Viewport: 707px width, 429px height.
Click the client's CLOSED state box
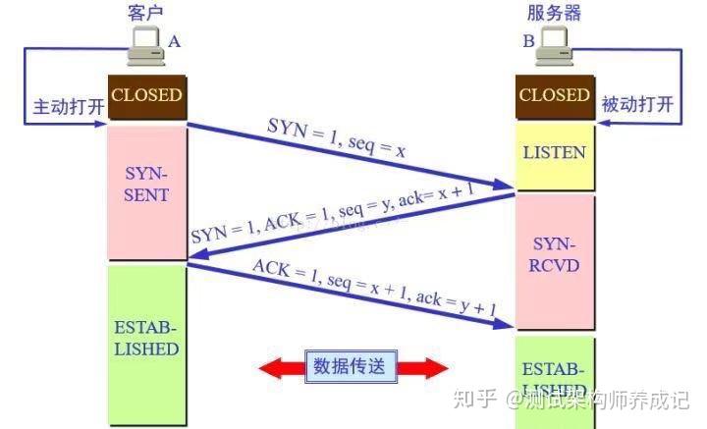pos(146,97)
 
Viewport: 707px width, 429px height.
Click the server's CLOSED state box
pos(555,97)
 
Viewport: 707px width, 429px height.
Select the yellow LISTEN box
pos(555,153)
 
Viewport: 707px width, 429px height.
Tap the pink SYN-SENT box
pos(146,184)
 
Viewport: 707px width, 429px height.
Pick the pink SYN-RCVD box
pos(555,254)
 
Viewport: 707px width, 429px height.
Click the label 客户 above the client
pos(144,12)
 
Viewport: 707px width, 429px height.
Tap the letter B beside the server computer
pos(528,41)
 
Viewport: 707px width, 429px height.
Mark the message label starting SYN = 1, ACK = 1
pos(339,218)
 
